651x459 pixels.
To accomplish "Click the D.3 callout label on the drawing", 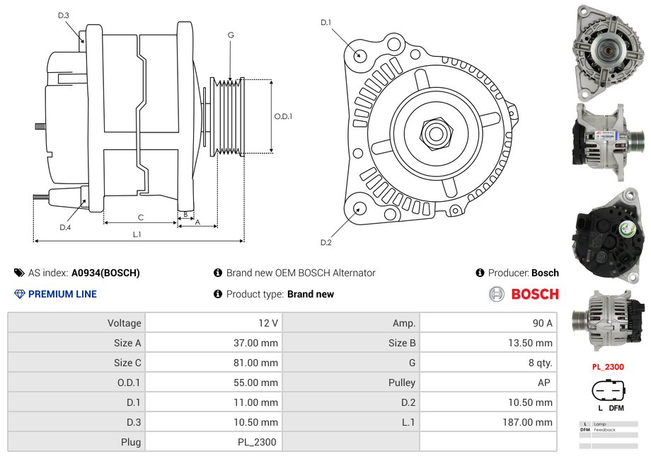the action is click(64, 16).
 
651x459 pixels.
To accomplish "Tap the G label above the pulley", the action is click(231, 35).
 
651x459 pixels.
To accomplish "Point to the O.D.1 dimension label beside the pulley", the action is click(283, 116).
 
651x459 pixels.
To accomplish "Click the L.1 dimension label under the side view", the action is click(137, 234).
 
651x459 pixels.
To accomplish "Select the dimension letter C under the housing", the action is click(141, 217).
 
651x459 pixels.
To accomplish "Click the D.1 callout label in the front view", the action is click(326, 23).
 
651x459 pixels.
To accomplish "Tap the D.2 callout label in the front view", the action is click(326, 242).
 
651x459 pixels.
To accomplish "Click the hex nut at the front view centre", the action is click(436, 134).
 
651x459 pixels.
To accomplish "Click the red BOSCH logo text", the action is click(535, 294).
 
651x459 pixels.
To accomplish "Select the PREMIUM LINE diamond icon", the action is click(20, 294).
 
